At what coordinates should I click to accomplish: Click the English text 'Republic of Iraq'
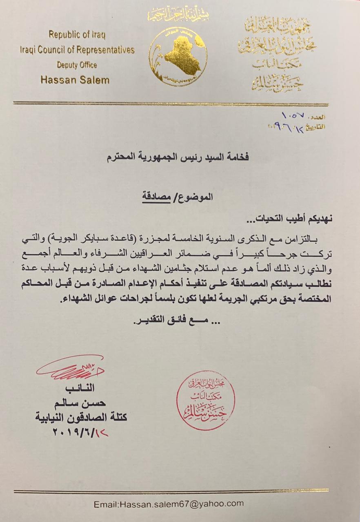point(77,35)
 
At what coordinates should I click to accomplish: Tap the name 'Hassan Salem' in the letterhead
point(75,80)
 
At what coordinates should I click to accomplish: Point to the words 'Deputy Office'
point(77,65)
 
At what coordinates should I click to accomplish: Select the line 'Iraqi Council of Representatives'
point(77,50)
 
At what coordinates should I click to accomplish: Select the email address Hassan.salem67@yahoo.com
point(169,504)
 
